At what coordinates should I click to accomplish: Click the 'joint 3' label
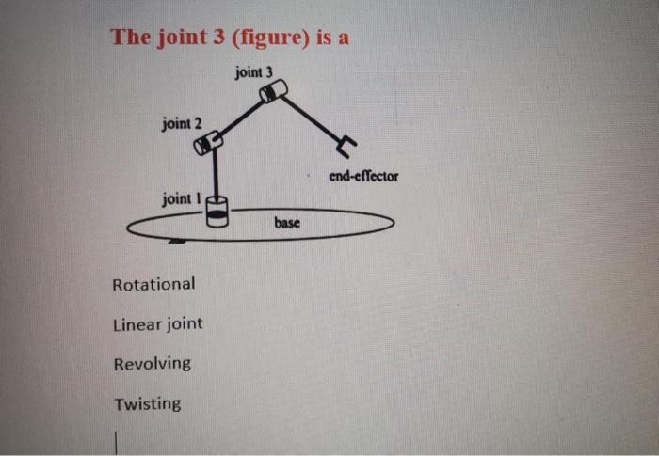click(x=255, y=71)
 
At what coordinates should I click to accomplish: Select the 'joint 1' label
click(x=182, y=198)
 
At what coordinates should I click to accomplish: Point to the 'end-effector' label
click(x=363, y=176)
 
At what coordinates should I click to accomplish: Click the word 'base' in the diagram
click(x=287, y=223)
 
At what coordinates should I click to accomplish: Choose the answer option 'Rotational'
click(x=153, y=283)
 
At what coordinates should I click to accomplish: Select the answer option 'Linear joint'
click(x=157, y=323)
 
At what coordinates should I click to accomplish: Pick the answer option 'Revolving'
click(x=152, y=363)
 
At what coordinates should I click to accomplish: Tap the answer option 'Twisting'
click(x=148, y=404)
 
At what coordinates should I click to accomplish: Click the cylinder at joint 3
click(x=273, y=91)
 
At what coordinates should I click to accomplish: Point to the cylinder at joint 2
click(x=207, y=143)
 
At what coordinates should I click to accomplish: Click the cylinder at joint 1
click(x=217, y=212)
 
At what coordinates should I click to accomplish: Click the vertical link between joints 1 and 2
click(x=216, y=174)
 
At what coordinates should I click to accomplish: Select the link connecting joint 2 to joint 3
click(x=240, y=117)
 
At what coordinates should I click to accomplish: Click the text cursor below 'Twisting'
click(x=117, y=442)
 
